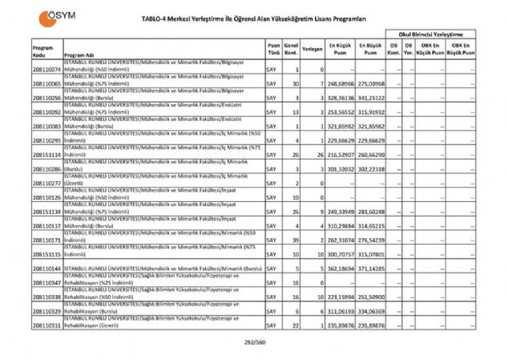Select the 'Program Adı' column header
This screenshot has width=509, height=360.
click(x=79, y=55)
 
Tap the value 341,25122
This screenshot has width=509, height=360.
click(x=373, y=97)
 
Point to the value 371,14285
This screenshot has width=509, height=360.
click(x=373, y=269)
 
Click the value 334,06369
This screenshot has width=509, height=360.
click(x=373, y=310)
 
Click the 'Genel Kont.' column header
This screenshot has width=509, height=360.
click(x=292, y=49)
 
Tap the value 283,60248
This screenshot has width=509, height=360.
click(x=373, y=212)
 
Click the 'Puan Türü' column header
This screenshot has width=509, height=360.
click(x=273, y=49)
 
